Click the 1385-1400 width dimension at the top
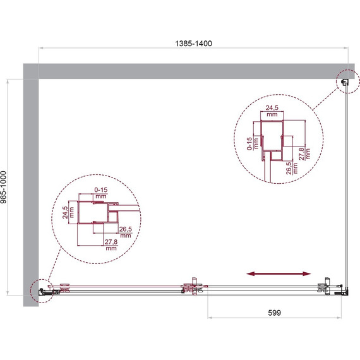click(193, 44)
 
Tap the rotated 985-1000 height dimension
click(6, 188)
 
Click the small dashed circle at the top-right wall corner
click(345, 81)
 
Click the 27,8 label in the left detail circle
click(112, 245)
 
